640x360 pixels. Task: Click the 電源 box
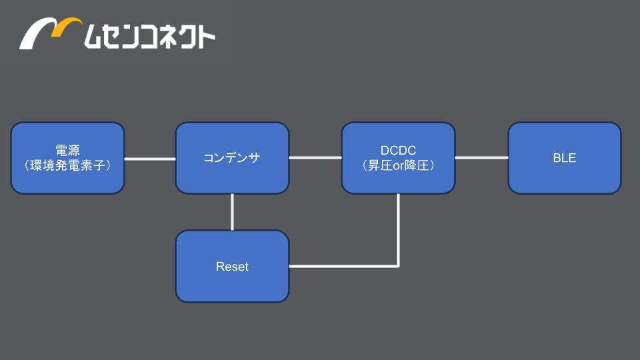click(x=68, y=158)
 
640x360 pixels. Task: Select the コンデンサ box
click(x=232, y=158)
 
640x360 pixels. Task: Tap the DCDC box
click(x=399, y=158)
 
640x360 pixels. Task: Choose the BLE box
click(x=565, y=158)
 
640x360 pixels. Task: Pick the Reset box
click(x=232, y=266)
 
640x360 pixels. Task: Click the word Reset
click(x=232, y=267)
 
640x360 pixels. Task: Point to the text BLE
click(x=565, y=158)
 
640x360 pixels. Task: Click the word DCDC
click(x=399, y=150)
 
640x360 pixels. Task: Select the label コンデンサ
click(x=232, y=158)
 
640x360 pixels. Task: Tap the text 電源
click(x=68, y=150)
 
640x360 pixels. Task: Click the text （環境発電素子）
click(x=68, y=165)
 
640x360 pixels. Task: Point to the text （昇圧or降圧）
click(x=399, y=165)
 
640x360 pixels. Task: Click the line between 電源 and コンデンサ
click(x=150, y=159)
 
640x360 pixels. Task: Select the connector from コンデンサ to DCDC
click(x=315, y=157)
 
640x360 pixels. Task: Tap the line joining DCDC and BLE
click(x=481, y=157)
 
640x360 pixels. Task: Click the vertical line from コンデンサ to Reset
click(x=232, y=212)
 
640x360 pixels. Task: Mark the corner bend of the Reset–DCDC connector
click(x=398, y=266)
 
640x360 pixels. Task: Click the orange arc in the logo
click(x=67, y=26)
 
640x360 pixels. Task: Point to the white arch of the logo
click(x=37, y=33)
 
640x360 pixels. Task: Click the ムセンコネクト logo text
click(x=149, y=36)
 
